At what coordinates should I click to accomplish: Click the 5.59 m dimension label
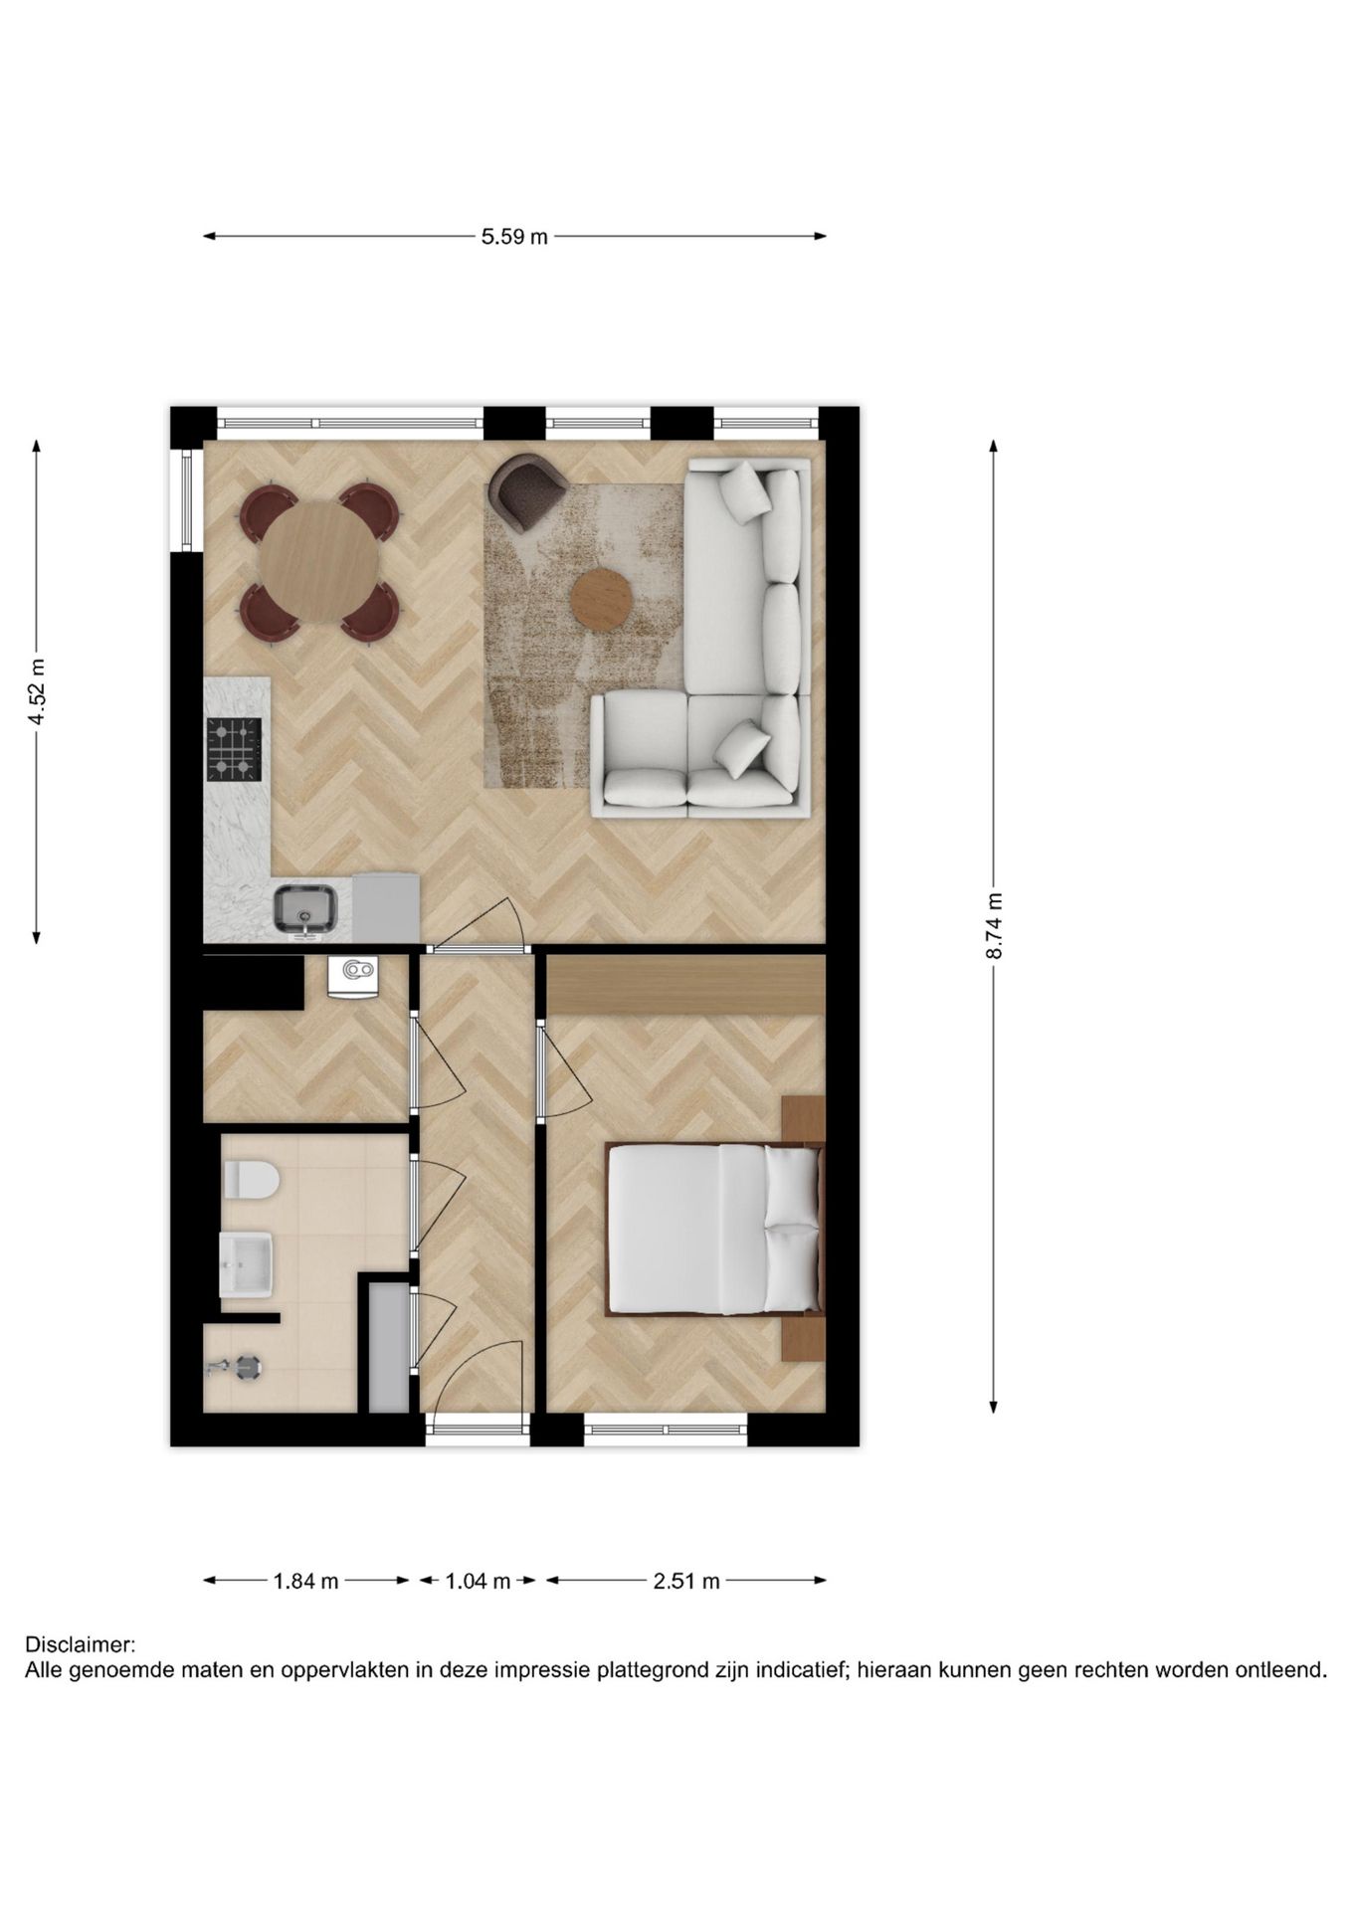pyautogui.click(x=514, y=237)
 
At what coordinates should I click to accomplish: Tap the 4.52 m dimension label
pyautogui.click(x=37, y=691)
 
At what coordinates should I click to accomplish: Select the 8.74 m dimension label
pyautogui.click(x=994, y=925)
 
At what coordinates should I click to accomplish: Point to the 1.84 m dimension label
pyautogui.click(x=305, y=1580)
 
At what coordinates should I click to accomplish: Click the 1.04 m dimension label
pyautogui.click(x=478, y=1580)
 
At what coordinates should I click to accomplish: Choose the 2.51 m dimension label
pyautogui.click(x=686, y=1580)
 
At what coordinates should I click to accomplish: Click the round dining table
pyautogui.click(x=318, y=561)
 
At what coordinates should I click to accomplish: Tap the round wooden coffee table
pyautogui.click(x=602, y=598)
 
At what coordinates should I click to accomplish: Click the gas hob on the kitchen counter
pyautogui.click(x=234, y=749)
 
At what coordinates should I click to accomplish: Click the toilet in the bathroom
pyautogui.click(x=251, y=1181)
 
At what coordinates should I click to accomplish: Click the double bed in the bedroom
pyautogui.click(x=712, y=1229)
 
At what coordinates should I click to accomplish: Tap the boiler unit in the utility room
pyautogui.click(x=353, y=975)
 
